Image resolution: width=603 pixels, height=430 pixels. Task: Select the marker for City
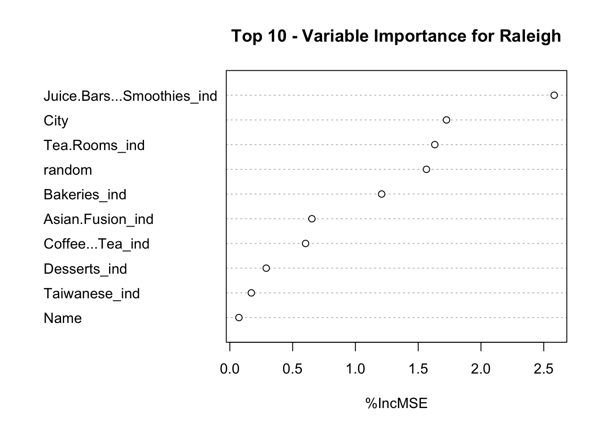click(x=446, y=120)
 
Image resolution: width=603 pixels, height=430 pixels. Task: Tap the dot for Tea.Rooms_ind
click(x=435, y=145)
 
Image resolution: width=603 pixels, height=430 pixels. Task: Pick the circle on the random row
click(x=426, y=169)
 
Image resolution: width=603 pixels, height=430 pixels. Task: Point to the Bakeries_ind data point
click(x=381, y=194)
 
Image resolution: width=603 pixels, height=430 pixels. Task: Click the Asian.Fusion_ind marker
click(x=312, y=219)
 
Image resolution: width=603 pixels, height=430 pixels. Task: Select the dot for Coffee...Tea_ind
click(x=306, y=244)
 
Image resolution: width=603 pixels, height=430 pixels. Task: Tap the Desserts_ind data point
click(x=266, y=268)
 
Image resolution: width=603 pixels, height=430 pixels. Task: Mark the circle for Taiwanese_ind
click(x=251, y=293)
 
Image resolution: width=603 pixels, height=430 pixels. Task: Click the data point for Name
click(x=239, y=318)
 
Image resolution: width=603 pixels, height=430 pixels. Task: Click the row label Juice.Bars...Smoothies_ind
click(x=130, y=96)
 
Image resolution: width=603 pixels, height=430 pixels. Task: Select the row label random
click(x=68, y=170)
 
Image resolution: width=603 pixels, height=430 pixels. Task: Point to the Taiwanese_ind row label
click(x=92, y=294)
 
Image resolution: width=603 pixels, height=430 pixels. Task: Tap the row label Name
click(x=63, y=318)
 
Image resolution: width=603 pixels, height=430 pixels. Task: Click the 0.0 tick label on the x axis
click(x=230, y=369)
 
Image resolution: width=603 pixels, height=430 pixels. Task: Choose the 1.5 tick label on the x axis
click(x=418, y=369)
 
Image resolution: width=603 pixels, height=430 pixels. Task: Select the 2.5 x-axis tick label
click(x=543, y=369)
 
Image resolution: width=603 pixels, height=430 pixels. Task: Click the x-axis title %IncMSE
click(x=396, y=404)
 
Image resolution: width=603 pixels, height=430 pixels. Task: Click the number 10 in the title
click(x=277, y=36)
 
